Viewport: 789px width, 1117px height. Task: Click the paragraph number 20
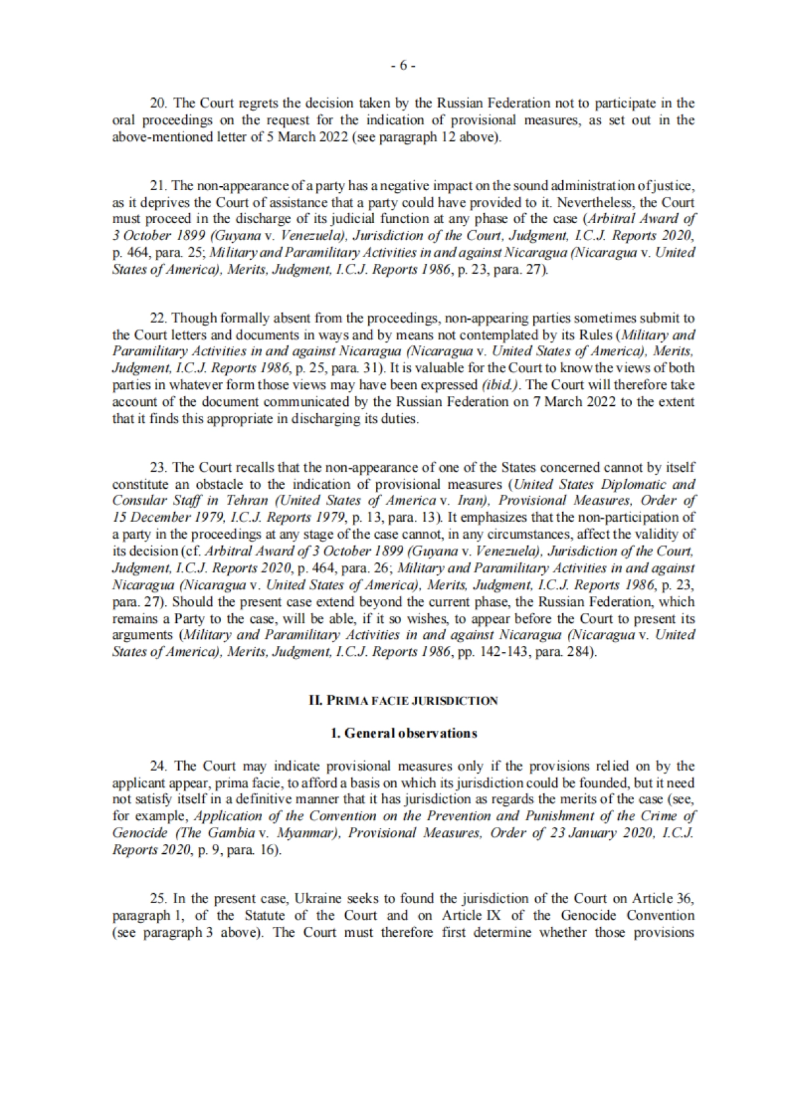pos(158,103)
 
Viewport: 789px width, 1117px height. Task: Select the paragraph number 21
pos(158,186)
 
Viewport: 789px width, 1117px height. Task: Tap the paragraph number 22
pos(158,318)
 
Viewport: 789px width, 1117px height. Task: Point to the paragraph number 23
pos(158,468)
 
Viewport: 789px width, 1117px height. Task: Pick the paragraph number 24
pos(158,766)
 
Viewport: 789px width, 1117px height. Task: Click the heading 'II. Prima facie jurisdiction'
pos(403,701)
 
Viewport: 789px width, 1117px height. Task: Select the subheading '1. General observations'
pos(403,733)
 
